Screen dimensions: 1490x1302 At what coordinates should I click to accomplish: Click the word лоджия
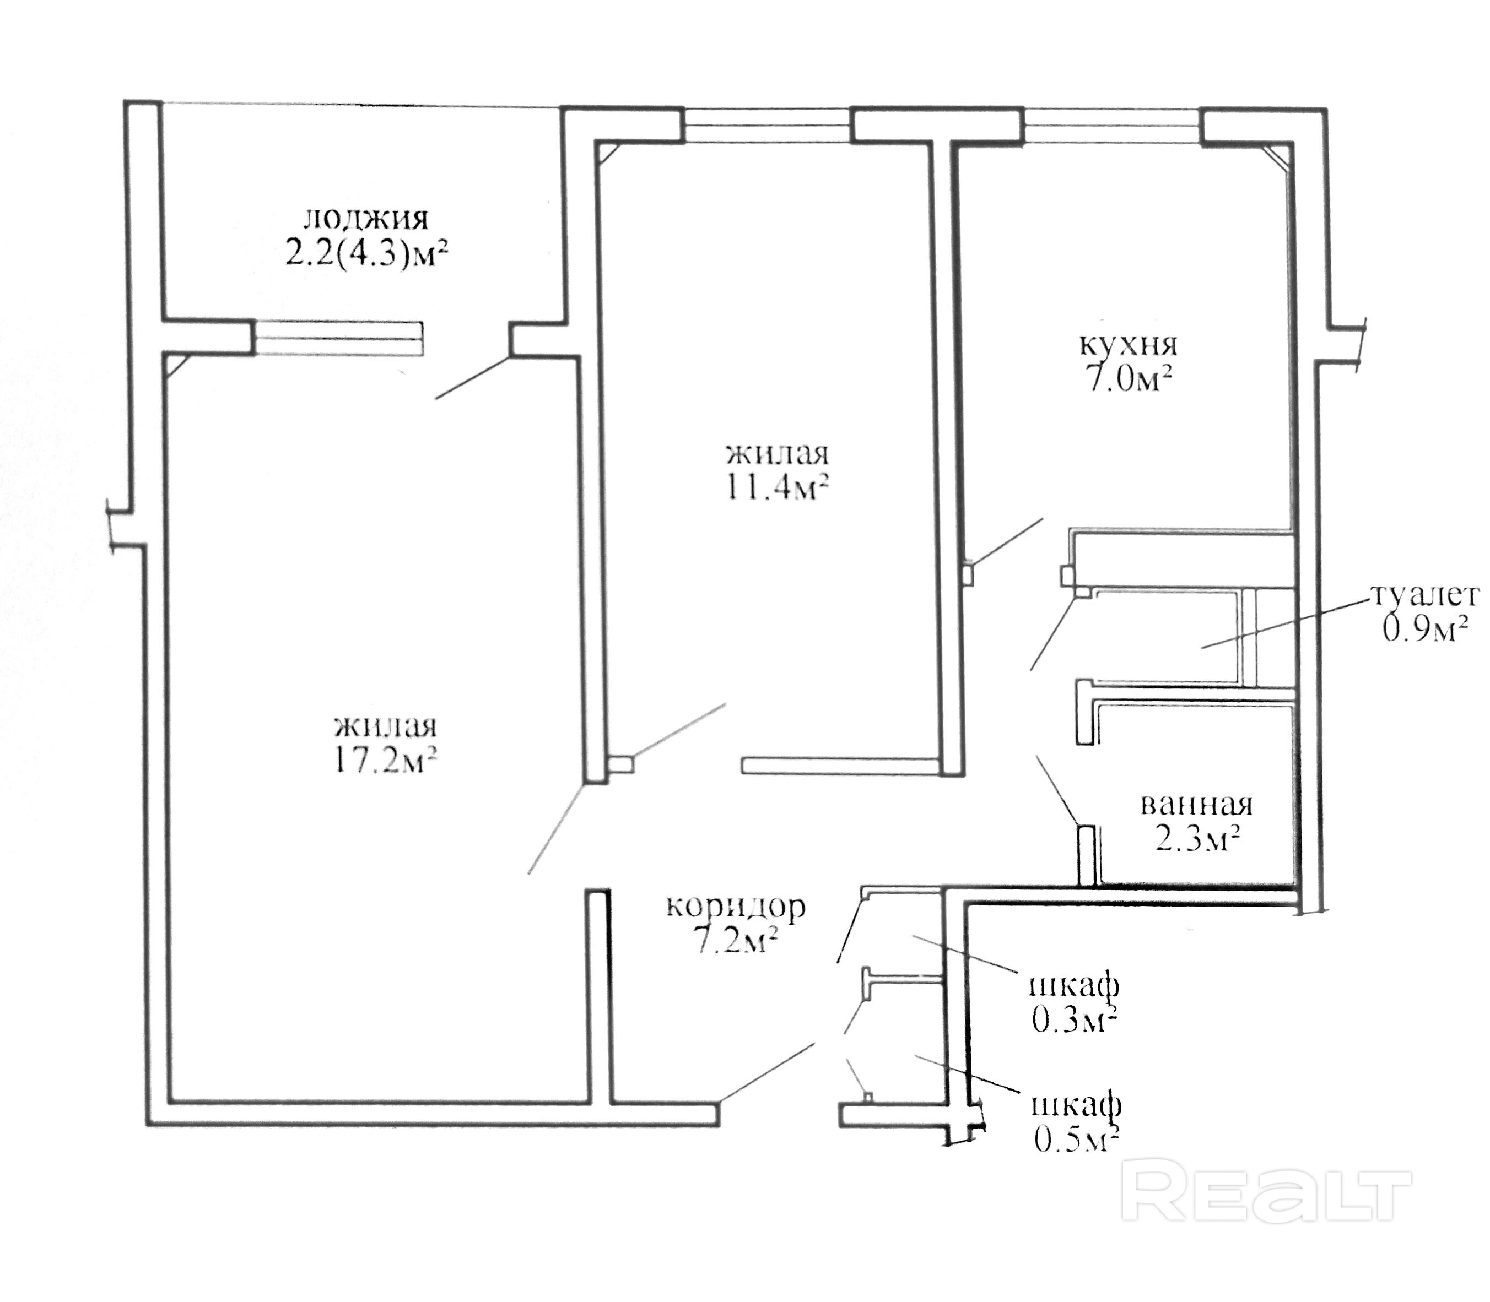365,219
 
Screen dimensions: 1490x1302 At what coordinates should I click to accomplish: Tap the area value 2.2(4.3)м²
365,255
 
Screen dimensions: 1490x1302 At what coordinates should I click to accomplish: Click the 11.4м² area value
776,487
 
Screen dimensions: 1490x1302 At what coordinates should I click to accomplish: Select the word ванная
1196,806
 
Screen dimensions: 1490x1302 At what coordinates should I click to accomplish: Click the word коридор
735,908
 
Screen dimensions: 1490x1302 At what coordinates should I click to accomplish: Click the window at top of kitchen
1111,125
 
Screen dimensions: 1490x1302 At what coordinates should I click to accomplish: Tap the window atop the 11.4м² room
768,124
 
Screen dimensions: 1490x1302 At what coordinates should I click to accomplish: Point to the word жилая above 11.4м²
777,454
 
